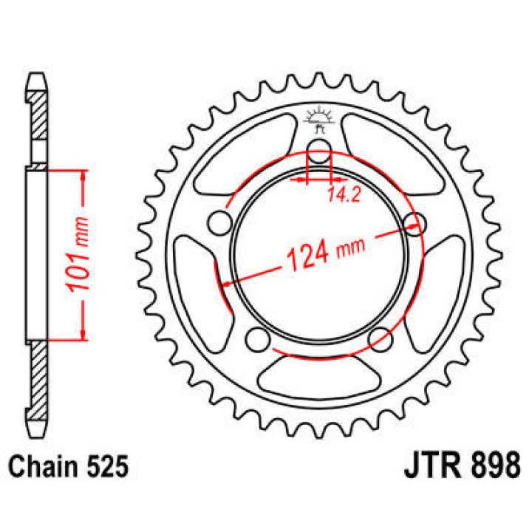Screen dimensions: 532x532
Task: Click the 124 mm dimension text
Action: (327, 251)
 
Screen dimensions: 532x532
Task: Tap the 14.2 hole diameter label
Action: (344, 195)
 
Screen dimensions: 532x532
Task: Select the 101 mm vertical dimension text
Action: (79, 253)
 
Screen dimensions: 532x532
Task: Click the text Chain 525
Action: (69, 467)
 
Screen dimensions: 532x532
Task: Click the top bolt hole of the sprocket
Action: (318, 151)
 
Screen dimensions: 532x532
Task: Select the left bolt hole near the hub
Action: (220, 224)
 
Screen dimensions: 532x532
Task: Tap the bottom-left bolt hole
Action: (258, 339)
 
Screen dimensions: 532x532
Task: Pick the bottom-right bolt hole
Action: (381, 339)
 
